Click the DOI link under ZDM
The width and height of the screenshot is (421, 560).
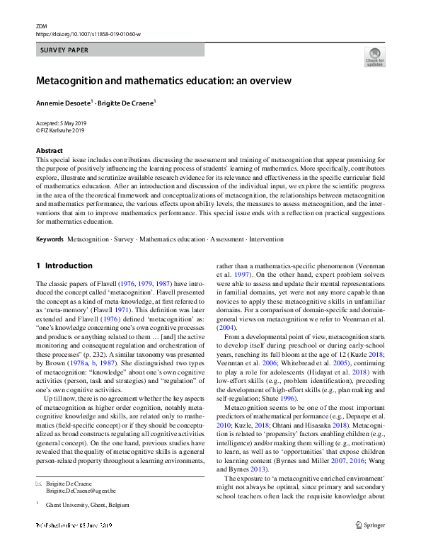[x=88, y=33]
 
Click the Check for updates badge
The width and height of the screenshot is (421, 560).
[x=374, y=57]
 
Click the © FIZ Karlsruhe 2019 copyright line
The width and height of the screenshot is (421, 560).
[x=60, y=130]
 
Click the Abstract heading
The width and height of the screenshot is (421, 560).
[x=49, y=151]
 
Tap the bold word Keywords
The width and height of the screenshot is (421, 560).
[x=50, y=239]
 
